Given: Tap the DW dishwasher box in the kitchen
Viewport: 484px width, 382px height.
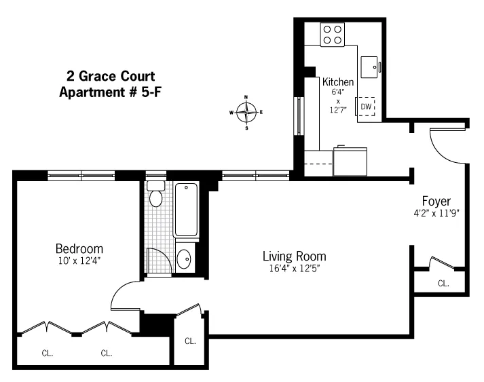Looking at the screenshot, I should point(366,107).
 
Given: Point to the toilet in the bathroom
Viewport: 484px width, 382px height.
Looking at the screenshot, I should point(156,195).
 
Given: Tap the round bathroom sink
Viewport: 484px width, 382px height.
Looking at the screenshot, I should point(184,259).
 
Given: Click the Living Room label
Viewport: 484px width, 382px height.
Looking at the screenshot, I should point(294,256).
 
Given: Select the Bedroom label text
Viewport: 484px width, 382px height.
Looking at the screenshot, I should point(79,248).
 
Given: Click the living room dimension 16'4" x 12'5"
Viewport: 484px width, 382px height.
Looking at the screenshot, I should point(294,269).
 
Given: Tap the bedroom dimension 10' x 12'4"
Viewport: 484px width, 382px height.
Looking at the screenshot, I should point(79,260).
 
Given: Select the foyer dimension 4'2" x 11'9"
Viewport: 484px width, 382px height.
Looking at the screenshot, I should point(437,213).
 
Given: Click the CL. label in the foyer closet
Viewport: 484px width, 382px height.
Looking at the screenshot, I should point(443,283).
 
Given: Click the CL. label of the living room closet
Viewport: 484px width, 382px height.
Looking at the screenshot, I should point(190,341).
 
